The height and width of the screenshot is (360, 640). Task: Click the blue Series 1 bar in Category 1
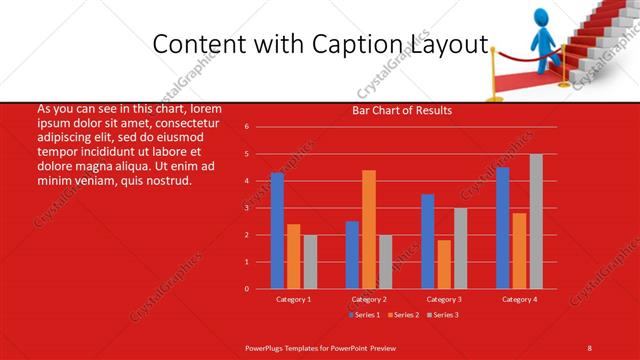[277, 231]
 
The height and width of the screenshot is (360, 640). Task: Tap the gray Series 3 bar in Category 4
[536, 221]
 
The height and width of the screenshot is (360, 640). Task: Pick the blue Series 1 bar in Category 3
[428, 241]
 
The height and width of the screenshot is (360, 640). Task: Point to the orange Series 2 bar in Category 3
[444, 264]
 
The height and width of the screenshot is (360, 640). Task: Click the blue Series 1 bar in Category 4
[503, 228]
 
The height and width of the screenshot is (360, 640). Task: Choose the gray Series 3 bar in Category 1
[310, 262]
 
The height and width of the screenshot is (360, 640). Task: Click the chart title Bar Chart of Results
[402, 111]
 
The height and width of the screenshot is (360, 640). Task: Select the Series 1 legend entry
[365, 315]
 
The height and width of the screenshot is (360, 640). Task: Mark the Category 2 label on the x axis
[369, 299]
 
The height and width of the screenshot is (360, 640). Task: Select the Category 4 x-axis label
[519, 299]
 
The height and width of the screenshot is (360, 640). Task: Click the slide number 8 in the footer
[590, 347]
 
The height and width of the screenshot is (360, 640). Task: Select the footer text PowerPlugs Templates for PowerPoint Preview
[322, 347]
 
